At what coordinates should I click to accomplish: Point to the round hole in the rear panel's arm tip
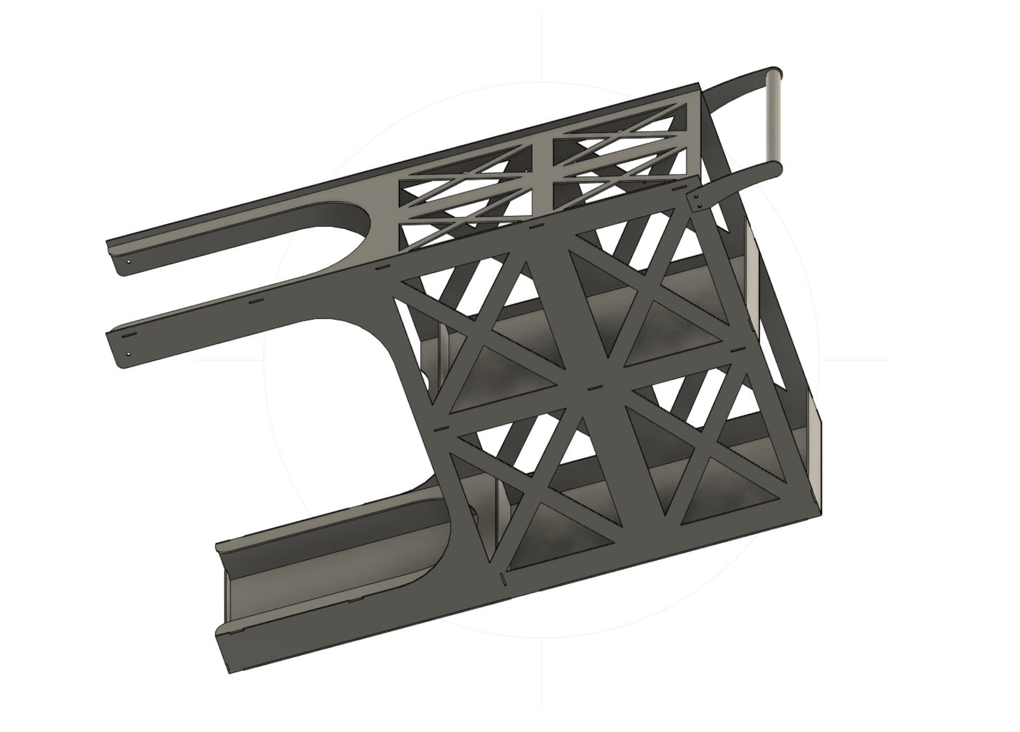coord(128,262)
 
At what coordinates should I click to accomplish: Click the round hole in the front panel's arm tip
coord(129,353)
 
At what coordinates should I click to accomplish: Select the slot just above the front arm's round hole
coord(129,336)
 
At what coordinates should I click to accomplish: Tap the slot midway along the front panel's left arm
coord(256,300)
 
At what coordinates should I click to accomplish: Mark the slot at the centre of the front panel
coord(594,388)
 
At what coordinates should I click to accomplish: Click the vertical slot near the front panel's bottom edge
coord(504,580)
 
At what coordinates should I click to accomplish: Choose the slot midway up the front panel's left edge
coord(440,427)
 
